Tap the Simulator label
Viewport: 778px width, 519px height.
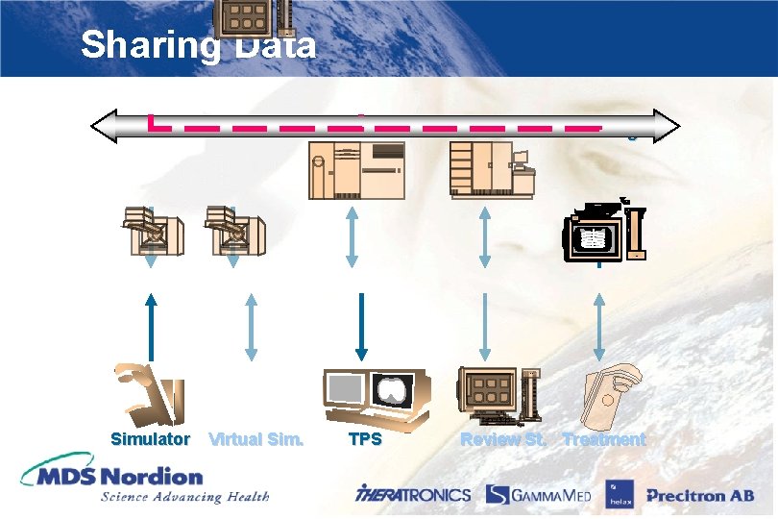[150, 439]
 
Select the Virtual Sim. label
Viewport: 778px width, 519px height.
[255, 439]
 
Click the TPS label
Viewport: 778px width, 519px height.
[364, 439]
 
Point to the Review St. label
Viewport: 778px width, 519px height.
[503, 439]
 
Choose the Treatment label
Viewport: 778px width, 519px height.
[604, 439]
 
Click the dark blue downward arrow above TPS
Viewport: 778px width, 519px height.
[363, 325]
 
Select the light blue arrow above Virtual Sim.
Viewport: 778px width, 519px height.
[252, 326]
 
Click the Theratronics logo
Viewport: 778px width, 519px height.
[413, 495]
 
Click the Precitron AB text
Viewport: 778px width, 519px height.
[700, 496]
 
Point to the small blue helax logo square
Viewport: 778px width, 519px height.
[617, 495]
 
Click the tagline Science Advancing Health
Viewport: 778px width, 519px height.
[184, 497]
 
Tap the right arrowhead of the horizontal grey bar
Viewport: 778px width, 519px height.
[667, 125]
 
